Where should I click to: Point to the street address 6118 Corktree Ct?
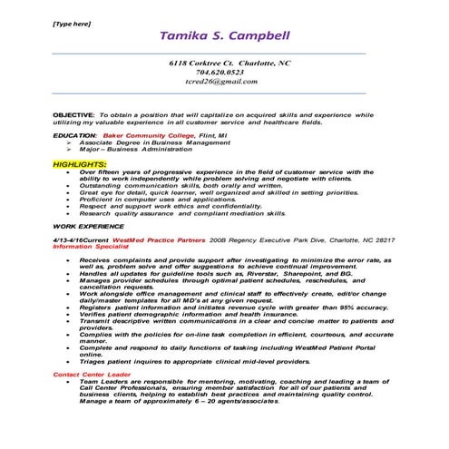(x=197, y=63)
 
